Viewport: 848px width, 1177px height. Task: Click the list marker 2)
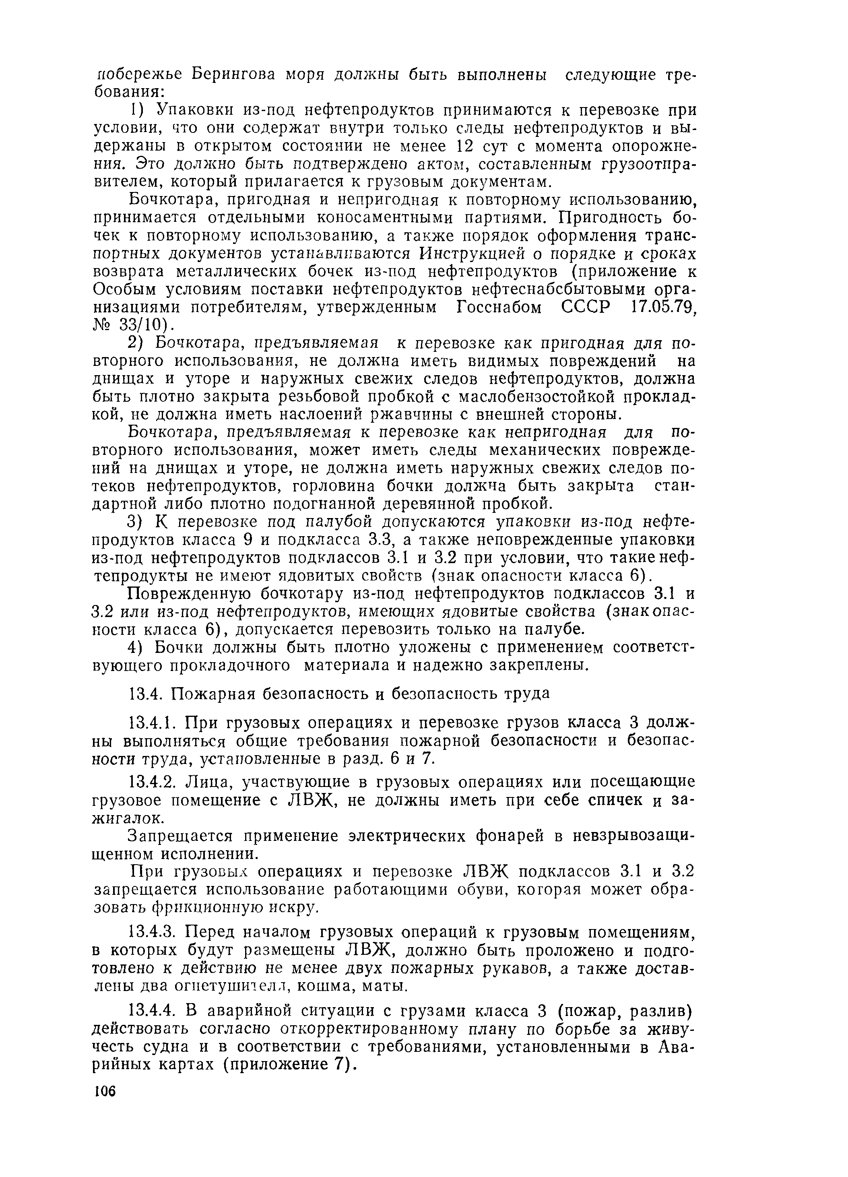137,343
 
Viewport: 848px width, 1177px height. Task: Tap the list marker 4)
137,647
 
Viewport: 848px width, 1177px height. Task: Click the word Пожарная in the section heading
222,693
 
